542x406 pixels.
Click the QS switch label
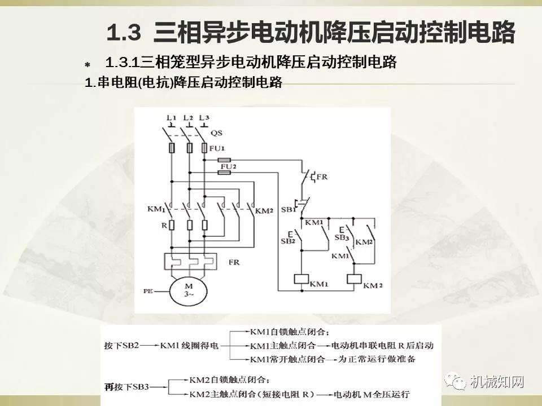(216, 134)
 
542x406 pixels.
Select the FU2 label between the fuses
(228, 167)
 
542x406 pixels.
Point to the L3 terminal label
(204, 117)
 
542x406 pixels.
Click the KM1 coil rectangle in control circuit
(300, 278)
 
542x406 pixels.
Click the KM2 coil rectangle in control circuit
(354, 278)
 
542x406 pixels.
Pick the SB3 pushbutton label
(340, 238)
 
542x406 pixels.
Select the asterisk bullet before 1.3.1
(86, 65)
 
